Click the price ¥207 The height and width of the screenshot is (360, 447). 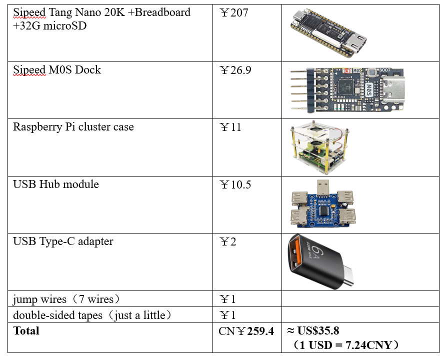point(233,13)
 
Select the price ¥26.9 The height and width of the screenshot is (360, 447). point(235,70)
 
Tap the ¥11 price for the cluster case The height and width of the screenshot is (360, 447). point(230,127)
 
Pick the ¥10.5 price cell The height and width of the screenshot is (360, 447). point(235,185)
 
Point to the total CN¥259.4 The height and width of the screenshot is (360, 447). point(246,331)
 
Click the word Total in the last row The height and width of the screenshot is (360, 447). point(26,331)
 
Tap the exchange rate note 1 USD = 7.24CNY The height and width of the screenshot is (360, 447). point(346,345)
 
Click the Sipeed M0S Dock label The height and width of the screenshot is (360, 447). point(57,70)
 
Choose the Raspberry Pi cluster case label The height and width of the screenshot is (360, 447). point(73,127)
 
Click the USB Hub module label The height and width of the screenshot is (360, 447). point(56,184)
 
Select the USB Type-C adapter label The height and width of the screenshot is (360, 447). point(63,241)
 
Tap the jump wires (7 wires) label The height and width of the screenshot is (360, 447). point(66,299)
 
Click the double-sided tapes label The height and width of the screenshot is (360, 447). point(92,315)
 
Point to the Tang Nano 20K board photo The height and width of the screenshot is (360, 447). point(328,32)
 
